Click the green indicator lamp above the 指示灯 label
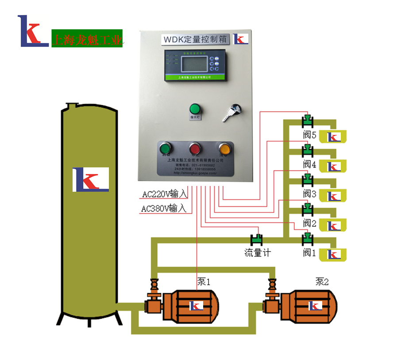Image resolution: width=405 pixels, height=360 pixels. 195,108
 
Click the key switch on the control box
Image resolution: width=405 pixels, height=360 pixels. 234,109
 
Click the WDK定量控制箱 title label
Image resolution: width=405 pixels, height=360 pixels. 195,39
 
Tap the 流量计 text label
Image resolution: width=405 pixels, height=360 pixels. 257,253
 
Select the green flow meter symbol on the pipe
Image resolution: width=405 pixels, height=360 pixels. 257,240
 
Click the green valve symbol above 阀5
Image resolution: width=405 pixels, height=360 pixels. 307,120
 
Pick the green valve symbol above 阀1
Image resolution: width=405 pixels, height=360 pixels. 307,240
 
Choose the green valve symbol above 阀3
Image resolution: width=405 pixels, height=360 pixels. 307,180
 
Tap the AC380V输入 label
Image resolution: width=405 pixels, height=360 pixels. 164,208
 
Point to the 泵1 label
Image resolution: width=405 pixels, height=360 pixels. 204,282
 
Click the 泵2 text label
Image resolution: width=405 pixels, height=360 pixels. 322,281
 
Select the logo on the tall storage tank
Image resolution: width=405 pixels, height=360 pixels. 91,179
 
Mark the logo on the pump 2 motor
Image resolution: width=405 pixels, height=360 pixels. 315,306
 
